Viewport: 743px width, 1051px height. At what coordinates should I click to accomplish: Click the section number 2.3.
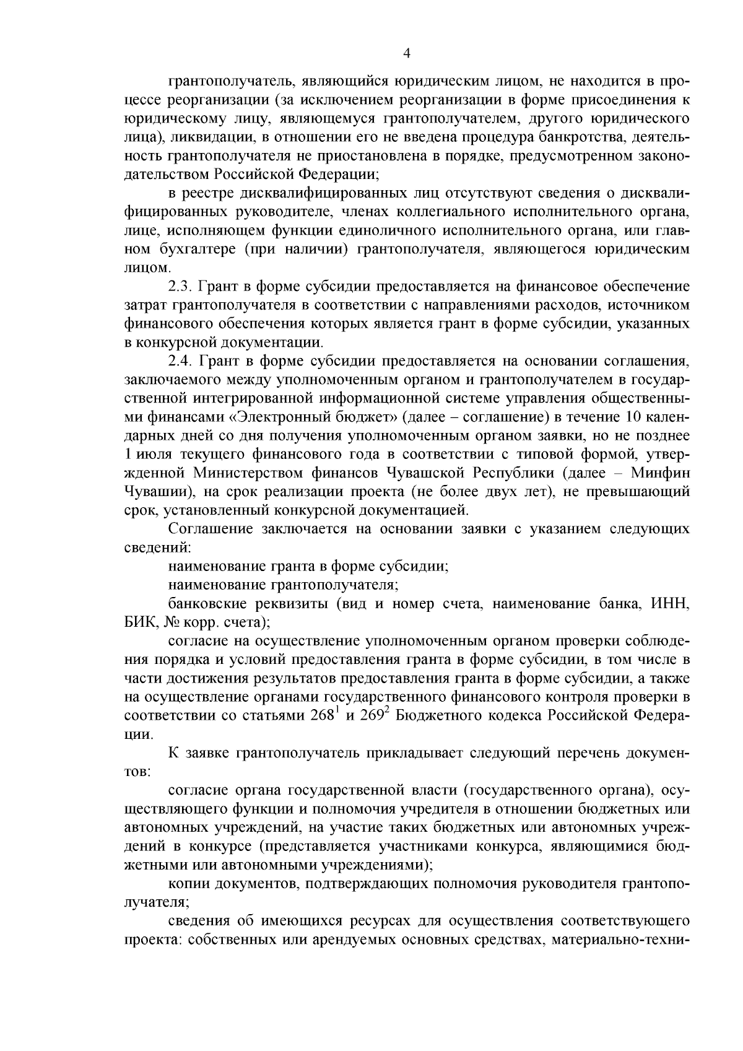(181, 287)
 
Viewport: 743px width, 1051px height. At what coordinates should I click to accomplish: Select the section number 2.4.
(181, 360)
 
